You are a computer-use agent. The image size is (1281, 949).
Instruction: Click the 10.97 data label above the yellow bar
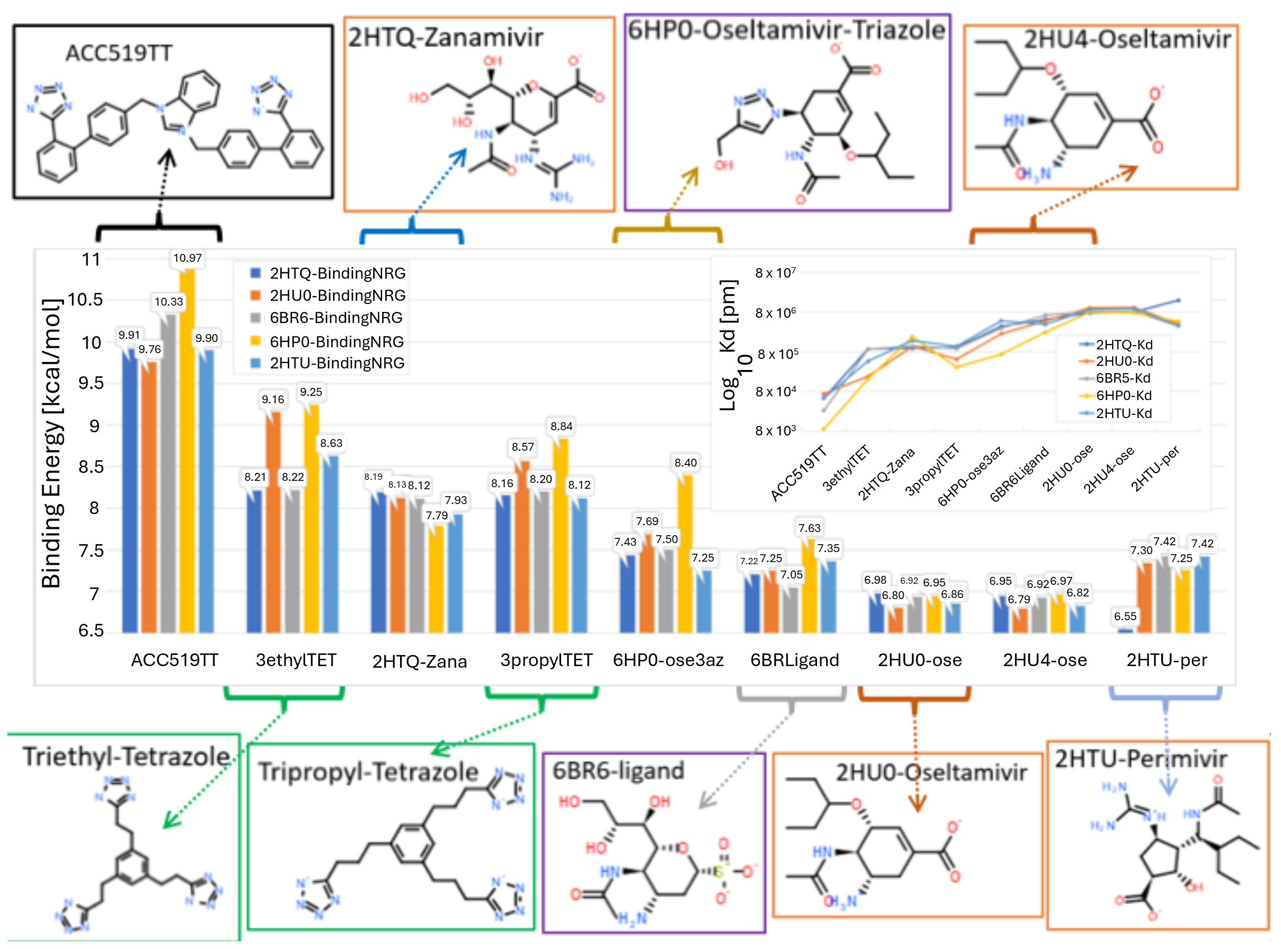pos(187,258)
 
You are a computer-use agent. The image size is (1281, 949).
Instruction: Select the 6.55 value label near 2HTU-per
pos(1125,616)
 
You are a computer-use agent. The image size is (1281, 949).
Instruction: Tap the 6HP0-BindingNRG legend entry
pos(336,342)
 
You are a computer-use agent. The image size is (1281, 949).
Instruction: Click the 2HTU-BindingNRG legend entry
pos(337,363)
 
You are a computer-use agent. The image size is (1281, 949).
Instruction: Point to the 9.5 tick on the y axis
pos(91,383)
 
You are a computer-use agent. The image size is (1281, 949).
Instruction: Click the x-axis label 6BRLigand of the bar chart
pos(794,660)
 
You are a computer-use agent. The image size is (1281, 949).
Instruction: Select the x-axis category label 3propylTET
pos(546,660)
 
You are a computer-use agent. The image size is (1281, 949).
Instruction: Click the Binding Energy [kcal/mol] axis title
pos(52,443)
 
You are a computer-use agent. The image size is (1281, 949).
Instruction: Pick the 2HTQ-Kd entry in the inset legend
pos(1124,345)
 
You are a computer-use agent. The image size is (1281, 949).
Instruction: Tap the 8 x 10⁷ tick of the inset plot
pos(775,273)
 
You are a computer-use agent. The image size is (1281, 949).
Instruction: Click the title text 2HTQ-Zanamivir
pos(445,38)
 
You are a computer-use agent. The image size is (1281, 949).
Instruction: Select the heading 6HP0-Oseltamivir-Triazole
pos(786,30)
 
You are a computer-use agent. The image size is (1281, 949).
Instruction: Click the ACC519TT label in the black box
pos(118,53)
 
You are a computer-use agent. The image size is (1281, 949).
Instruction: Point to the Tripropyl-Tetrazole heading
pos(368,772)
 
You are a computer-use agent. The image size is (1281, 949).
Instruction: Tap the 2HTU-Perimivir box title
pos(1141,759)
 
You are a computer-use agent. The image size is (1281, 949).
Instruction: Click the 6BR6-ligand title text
pos(618,771)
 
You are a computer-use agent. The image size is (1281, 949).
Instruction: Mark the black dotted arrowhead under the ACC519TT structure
pos(167,156)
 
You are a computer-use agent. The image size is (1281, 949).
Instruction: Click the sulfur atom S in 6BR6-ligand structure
pos(717,872)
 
